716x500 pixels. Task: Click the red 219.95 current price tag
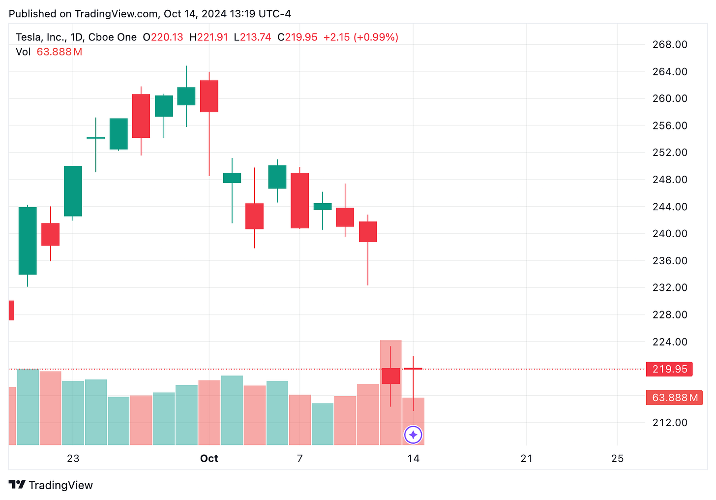tap(669, 369)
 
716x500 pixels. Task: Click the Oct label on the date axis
tap(209, 459)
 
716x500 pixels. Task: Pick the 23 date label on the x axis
tap(73, 459)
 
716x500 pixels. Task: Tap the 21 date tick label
tap(527, 459)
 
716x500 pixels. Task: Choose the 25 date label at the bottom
tap(617, 459)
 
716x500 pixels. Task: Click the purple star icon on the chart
tap(413, 435)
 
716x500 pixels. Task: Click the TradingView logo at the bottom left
tap(51, 485)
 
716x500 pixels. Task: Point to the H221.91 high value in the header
tap(209, 37)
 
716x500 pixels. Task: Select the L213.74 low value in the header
tap(252, 37)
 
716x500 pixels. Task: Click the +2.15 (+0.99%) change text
tap(360, 37)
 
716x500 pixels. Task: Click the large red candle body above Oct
tap(209, 96)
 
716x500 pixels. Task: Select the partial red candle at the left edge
tap(11, 311)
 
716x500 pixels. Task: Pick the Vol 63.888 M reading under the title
tap(49, 52)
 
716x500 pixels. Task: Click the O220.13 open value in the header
tap(163, 37)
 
